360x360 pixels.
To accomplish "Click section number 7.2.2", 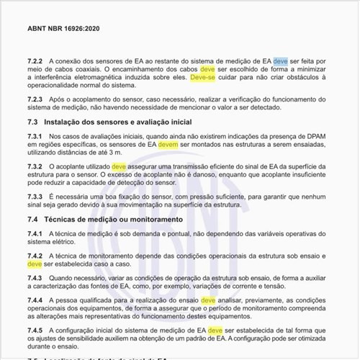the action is [x=36, y=62].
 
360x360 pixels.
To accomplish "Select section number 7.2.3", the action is [x=36, y=99].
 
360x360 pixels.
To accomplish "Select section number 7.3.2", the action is [x=36, y=166].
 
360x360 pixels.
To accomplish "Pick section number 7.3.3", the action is [x=36, y=197].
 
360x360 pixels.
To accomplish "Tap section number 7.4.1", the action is [x=36, y=233].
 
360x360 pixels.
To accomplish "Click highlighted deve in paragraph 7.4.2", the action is [x=35, y=264].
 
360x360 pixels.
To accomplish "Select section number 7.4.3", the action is [x=36, y=277].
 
